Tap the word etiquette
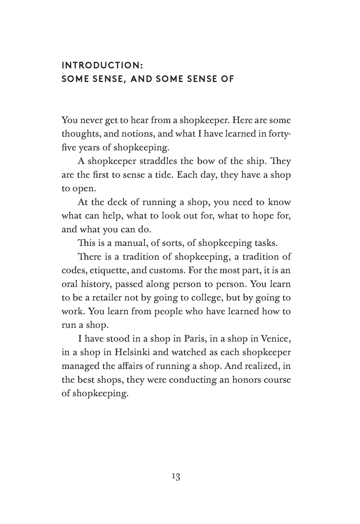coord(107,270)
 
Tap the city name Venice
coord(275,339)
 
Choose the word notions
coord(129,134)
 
